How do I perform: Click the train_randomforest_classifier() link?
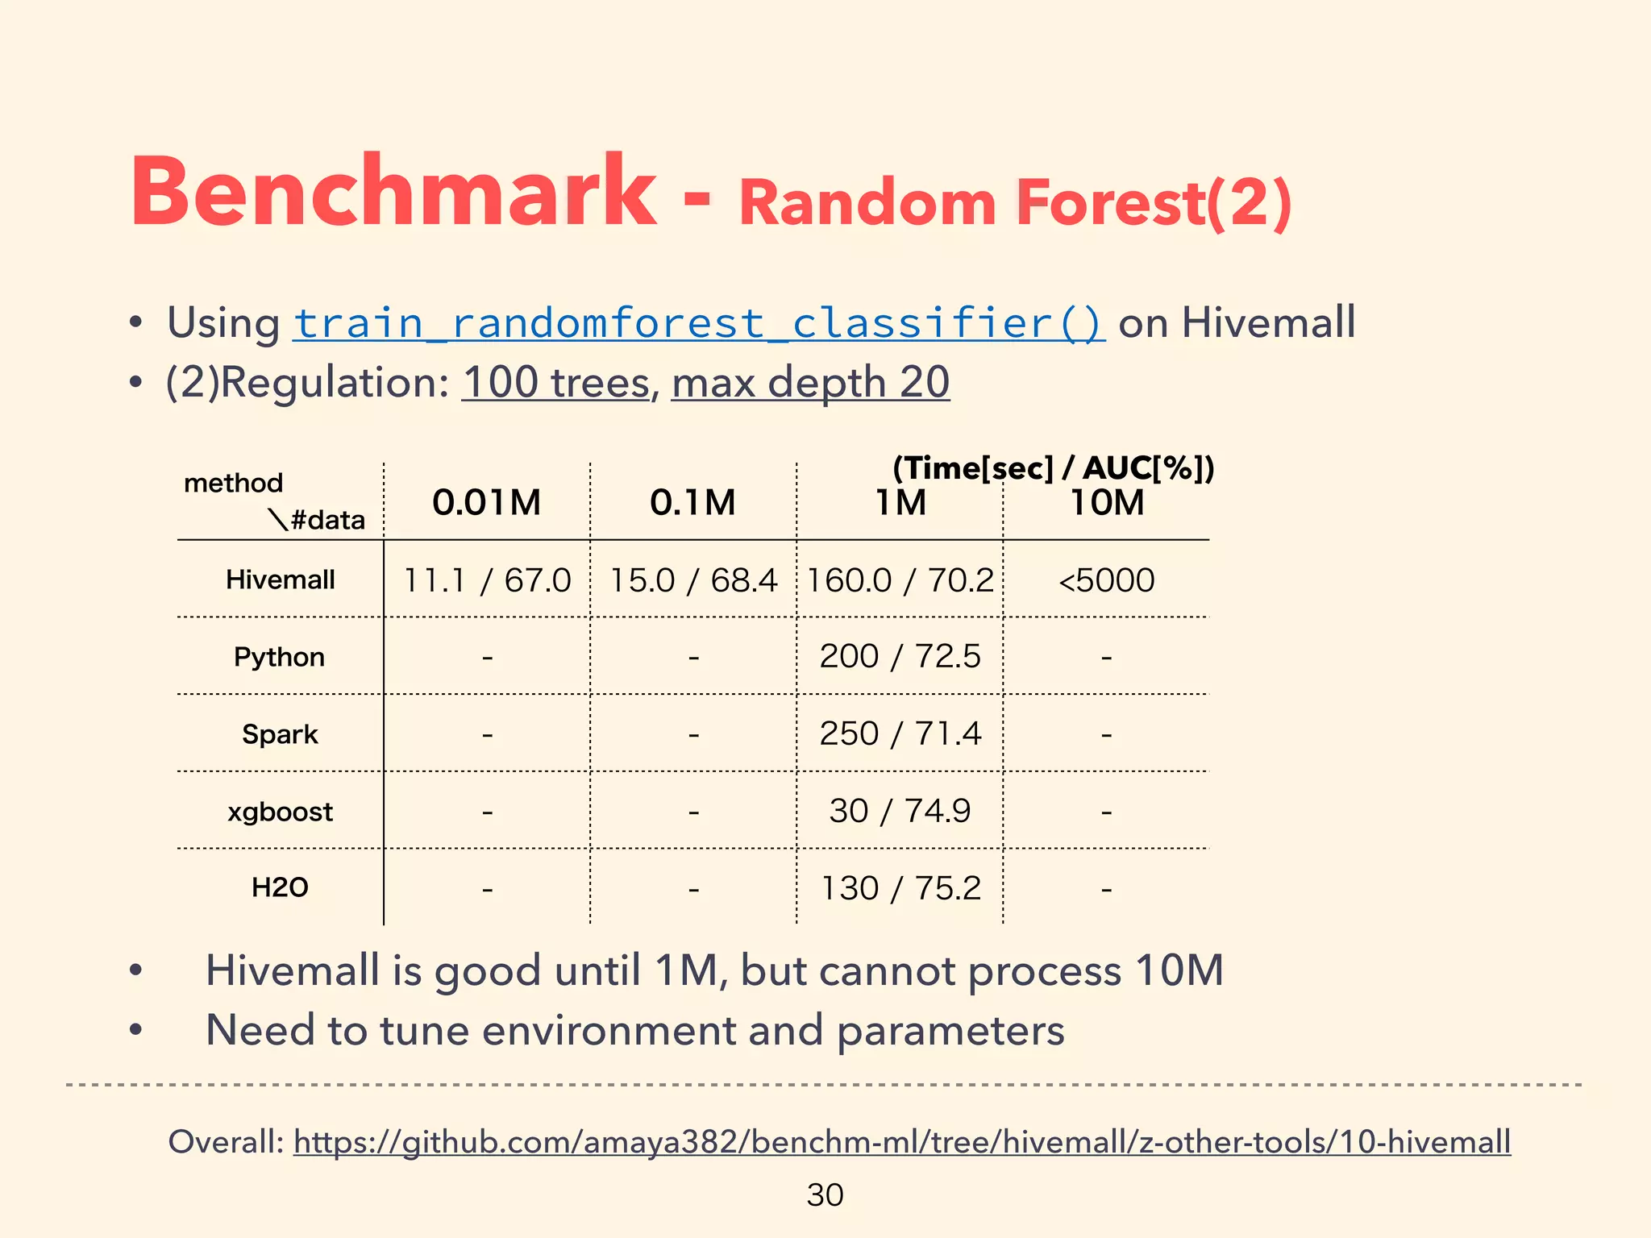click(698, 323)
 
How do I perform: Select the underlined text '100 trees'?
click(555, 382)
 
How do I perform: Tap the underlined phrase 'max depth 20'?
click(810, 382)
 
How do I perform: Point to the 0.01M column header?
click(486, 503)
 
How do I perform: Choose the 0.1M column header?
click(692, 503)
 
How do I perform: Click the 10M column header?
click(1107, 503)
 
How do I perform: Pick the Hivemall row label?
click(280, 580)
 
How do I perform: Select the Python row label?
click(279, 657)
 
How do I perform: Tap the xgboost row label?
click(280, 812)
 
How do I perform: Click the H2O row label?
click(280, 887)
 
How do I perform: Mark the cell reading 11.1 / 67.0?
click(487, 580)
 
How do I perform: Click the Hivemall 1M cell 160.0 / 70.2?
click(900, 580)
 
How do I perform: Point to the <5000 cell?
click(1106, 580)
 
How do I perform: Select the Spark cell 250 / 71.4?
click(900, 734)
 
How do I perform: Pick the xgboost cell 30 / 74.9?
click(900, 811)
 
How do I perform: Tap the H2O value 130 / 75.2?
click(900, 888)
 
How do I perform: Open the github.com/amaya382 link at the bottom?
click(901, 1142)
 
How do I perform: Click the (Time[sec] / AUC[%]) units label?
click(1053, 467)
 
